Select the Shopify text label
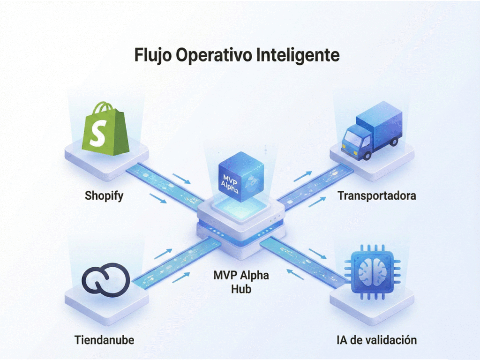tap(104, 196)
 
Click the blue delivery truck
tap(371, 131)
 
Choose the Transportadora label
tap(377, 196)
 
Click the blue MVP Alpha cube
tap(241, 177)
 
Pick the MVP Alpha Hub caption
tap(241, 282)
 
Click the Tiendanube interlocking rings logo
tap(105, 280)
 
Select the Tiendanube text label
tap(104, 340)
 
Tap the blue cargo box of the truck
tap(382, 121)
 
